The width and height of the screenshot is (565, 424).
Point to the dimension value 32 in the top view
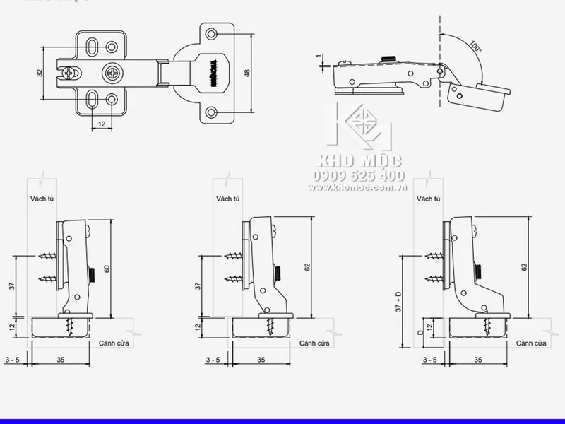(x=40, y=73)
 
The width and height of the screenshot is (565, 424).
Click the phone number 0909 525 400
(x=359, y=175)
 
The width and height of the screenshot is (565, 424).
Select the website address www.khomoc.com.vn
(x=359, y=189)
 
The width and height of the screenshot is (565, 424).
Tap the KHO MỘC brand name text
(x=359, y=160)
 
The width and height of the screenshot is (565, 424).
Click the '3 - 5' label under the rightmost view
(x=428, y=360)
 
